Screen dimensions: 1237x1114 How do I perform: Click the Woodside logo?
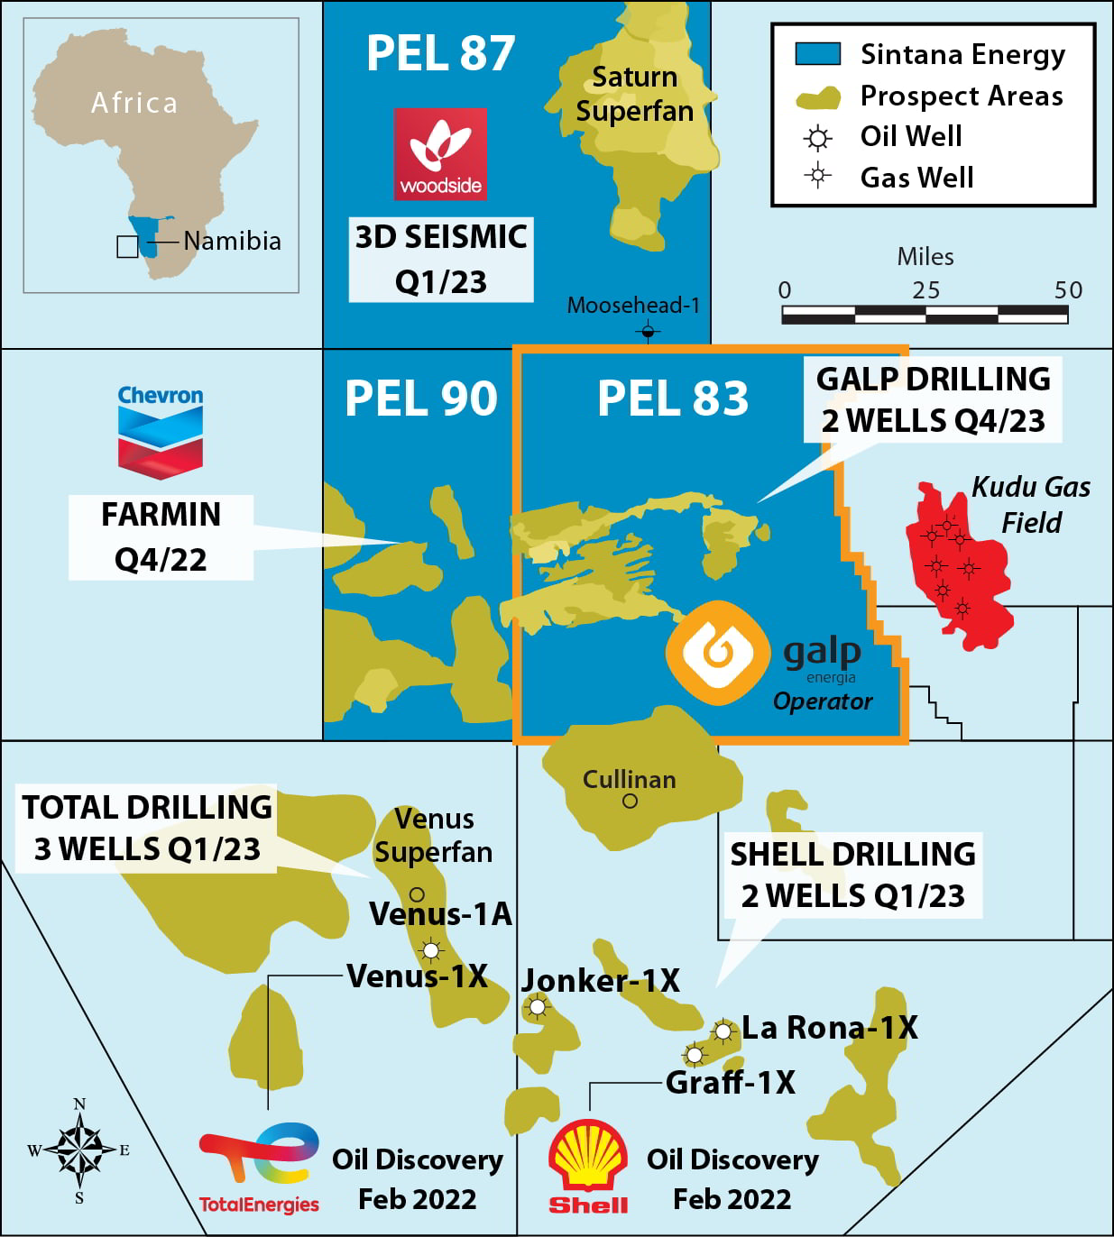[440, 154]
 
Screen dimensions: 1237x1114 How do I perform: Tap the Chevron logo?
[161, 433]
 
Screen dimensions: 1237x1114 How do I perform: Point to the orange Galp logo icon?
[718, 652]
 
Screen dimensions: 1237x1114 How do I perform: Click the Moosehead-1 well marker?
[648, 333]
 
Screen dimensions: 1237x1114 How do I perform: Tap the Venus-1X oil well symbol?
[431, 950]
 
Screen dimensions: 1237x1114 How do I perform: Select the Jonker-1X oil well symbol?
[537, 1006]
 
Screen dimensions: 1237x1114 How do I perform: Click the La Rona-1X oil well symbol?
[723, 1031]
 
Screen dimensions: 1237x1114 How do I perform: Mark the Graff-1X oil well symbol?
[694, 1054]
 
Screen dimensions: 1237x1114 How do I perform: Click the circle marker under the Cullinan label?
[630, 801]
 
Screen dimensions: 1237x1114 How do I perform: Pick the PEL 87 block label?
[440, 53]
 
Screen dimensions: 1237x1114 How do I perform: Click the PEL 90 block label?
[420, 399]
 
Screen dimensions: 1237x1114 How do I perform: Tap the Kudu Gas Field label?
[1030, 504]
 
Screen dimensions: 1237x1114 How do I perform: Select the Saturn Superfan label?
[634, 94]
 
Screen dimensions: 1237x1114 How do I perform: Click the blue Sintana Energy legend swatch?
[817, 54]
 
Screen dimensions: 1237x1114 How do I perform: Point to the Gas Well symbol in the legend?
[817, 176]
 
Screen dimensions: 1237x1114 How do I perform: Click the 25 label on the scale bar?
[925, 290]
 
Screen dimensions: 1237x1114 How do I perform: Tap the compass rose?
[79, 1150]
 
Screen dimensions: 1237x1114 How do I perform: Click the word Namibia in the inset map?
[232, 242]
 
